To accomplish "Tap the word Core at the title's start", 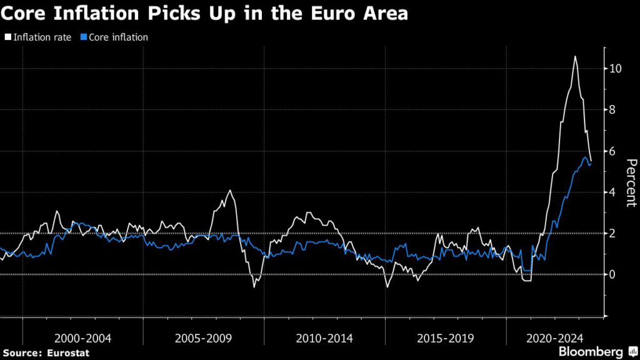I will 29,14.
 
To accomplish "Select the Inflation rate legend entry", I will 42,37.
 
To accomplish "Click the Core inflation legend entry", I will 118,37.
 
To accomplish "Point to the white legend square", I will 8,37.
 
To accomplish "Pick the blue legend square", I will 84,37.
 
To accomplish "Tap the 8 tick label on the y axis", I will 614,109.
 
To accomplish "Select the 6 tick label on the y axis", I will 614,151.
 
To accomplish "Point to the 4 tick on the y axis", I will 614,192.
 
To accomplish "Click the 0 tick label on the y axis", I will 614,274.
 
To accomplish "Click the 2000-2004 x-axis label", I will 83,338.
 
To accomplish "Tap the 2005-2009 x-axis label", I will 204,338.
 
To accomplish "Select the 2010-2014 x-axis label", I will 324,338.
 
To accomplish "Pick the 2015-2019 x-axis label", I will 445,338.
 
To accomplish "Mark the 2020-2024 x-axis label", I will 554,338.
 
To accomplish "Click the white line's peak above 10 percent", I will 575,57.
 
